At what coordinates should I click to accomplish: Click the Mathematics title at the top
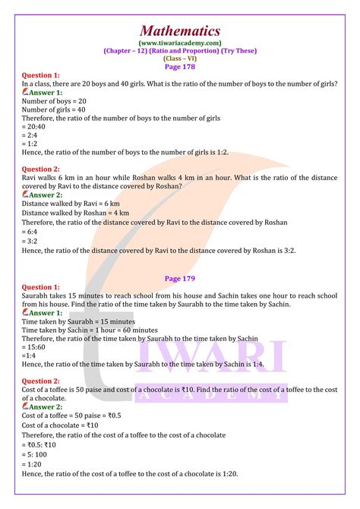pyautogui.click(x=180, y=30)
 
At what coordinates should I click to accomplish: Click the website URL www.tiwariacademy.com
pyautogui.click(x=180, y=43)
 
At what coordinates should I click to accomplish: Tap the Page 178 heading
pyautogui.click(x=180, y=66)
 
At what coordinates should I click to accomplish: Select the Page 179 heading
pyautogui.click(x=180, y=279)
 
